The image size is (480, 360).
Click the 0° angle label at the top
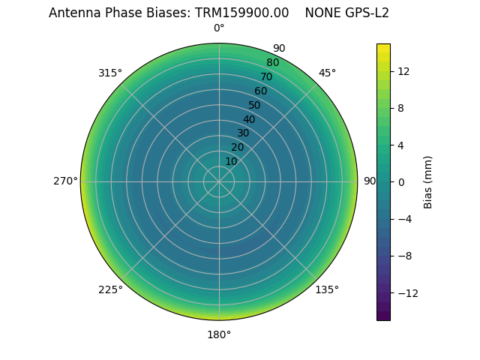[219, 28]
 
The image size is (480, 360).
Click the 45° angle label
[327, 73]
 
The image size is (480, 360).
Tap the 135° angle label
[327, 289]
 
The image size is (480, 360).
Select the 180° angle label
[219, 334]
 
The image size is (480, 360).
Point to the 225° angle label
[110, 289]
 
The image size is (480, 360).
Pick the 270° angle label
[65, 181]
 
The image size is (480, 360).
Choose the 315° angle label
[110, 73]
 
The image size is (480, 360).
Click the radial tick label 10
[231, 161]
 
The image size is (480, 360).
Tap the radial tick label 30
[243, 133]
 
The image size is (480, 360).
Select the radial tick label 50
[255, 105]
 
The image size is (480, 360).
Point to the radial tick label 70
[266, 76]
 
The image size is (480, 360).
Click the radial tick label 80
[272, 63]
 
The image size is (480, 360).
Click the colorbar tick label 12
[403, 71]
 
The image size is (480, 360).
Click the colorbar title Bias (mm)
[428, 181]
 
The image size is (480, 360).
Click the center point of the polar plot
[219, 181]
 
